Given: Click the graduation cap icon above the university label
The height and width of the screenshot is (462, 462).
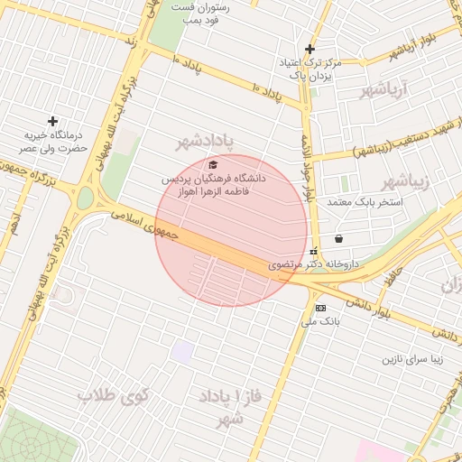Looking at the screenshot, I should (x=213, y=164).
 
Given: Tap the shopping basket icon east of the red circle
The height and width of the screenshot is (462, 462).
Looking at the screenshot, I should (x=338, y=239).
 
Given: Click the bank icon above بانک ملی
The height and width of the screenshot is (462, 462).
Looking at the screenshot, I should (x=320, y=308).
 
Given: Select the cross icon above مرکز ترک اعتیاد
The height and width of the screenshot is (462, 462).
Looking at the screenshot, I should (x=310, y=49).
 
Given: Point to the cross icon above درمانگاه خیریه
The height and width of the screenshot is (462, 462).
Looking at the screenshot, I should (x=53, y=121).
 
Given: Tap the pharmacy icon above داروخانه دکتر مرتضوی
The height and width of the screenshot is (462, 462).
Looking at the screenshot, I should (x=313, y=252).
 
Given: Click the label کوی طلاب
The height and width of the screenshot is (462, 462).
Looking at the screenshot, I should (x=113, y=394).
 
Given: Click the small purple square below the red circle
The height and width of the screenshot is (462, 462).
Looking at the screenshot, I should (x=183, y=352).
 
